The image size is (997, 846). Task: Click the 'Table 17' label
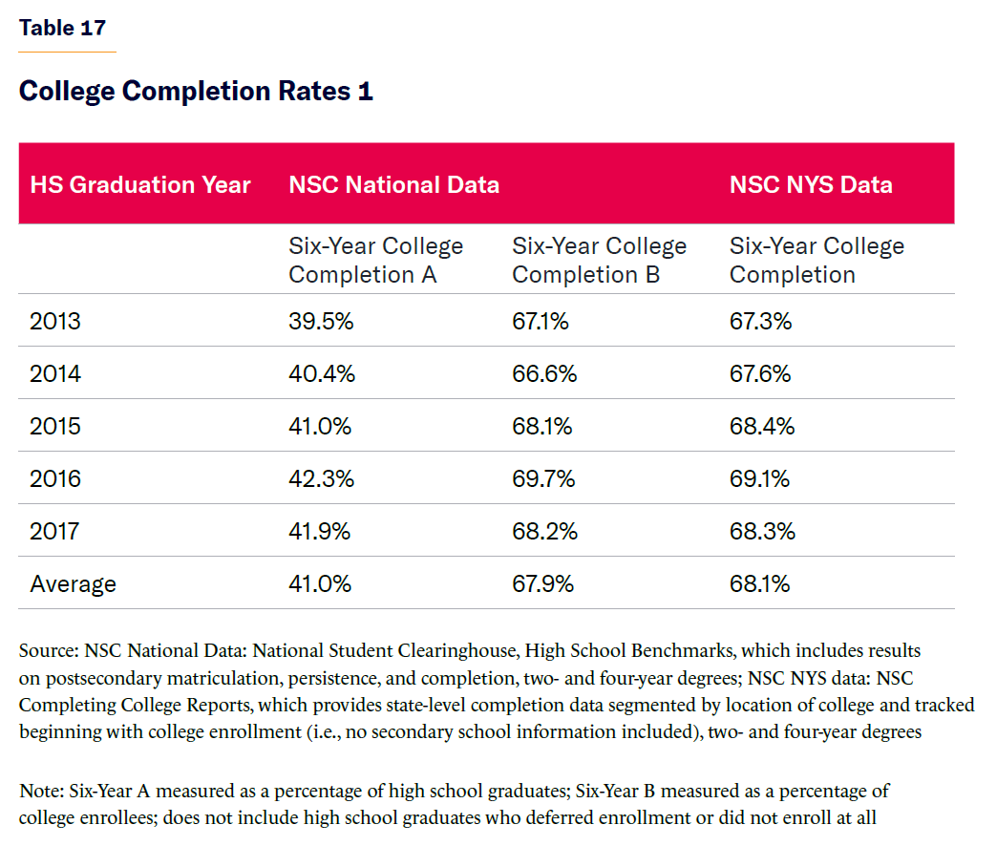(62, 28)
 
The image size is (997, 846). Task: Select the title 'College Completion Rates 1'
(196, 92)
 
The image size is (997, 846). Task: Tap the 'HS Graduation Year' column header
(140, 184)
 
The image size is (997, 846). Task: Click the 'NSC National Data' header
(393, 184)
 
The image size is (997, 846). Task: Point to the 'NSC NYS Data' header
(811, 184)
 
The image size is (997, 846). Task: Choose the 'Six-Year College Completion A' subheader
(375, 260)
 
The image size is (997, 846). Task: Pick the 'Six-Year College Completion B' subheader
(599, 260)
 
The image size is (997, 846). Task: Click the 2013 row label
(55, 321)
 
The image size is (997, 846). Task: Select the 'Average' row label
(73, 583)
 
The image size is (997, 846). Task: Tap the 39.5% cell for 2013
(321, 321)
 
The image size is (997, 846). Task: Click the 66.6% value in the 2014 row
(544, 373)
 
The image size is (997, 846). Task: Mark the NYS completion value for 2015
(762, 426)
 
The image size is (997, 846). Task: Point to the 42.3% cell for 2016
(321, 478)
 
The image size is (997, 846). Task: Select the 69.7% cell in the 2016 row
(543, 478)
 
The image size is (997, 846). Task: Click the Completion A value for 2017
(320, 531)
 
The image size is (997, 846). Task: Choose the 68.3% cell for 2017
(762, 531)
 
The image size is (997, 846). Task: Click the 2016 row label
(55, 478)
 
